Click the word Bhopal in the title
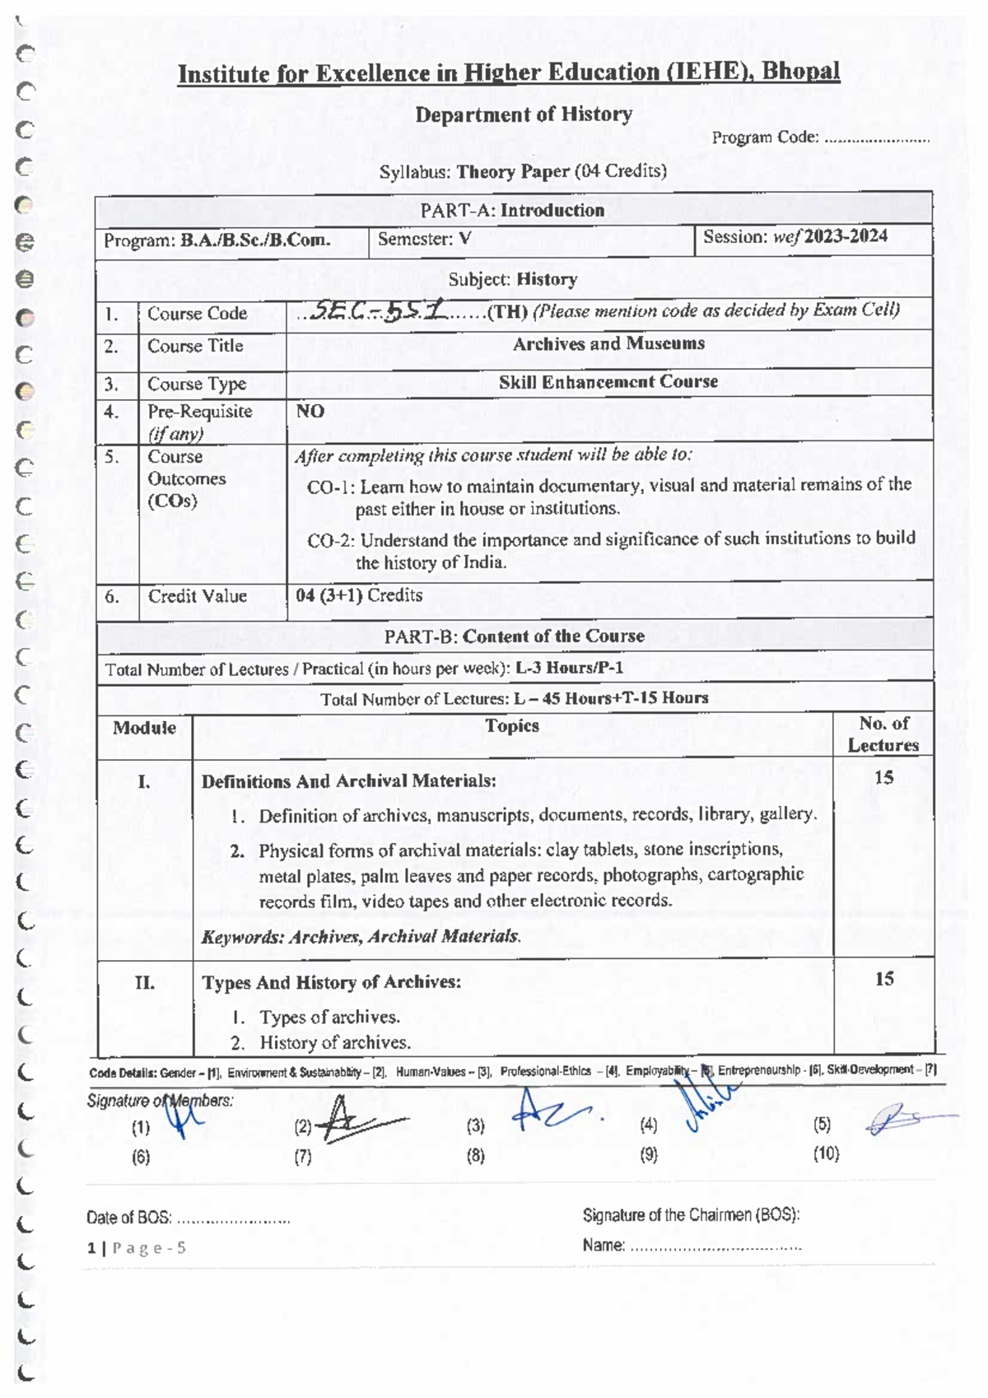[799, 72]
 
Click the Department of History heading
[524, 114]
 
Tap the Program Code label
[765, 137]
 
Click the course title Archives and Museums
[608, 344]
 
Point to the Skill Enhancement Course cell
[608, 382]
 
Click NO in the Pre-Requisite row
[310, 411]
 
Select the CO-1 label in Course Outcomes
[331, 487]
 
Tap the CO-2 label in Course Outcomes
[331, 541]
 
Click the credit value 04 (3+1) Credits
[359, 595]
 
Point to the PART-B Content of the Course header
[514, 636]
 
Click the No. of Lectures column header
[883, 734]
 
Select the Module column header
[144, 728]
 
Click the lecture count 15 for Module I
[883, 778]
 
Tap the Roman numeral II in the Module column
[144, 982]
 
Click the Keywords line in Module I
[361, 936]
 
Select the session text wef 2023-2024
[830, 237]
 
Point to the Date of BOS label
[128, 1218]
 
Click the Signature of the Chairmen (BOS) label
[691, 1215]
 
